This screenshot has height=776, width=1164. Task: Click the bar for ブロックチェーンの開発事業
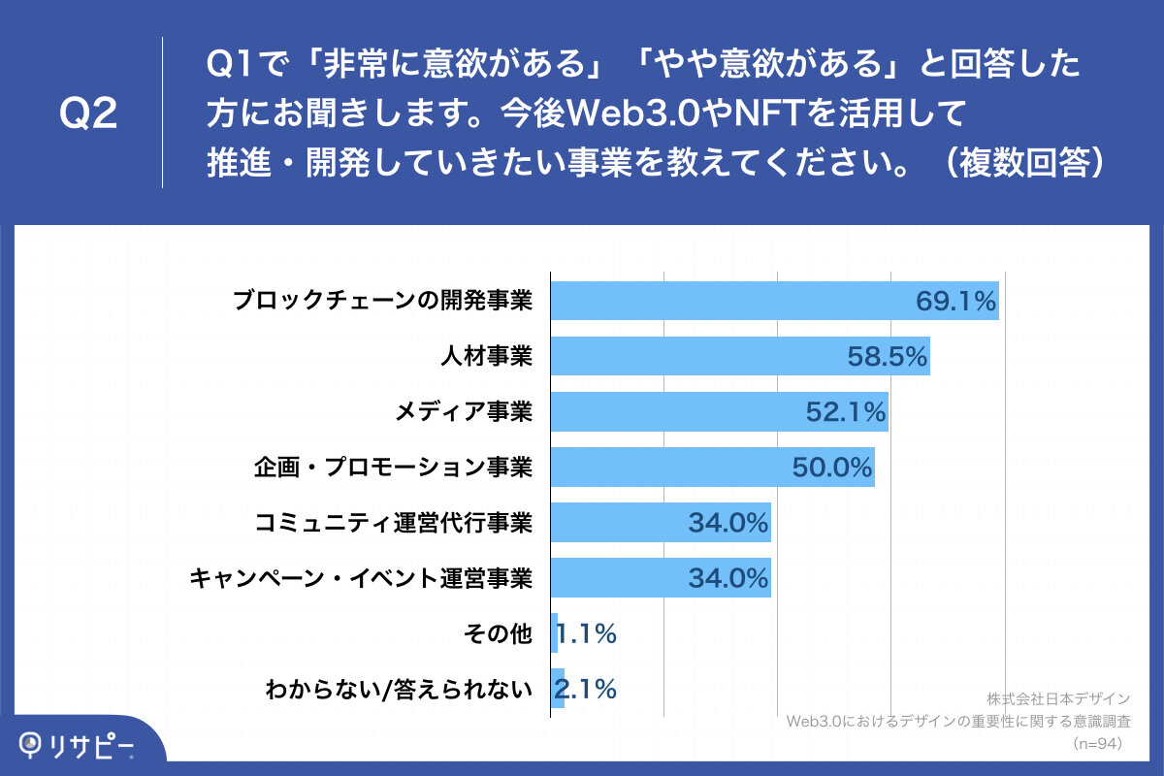pyautogui.click(x=774, y=301)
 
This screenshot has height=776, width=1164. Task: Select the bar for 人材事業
pyautogui.click(x=740, y=356)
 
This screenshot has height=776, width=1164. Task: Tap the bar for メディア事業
pyautogui.click(x=719, y=411)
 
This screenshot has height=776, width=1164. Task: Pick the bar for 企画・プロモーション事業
pyautogui.click(x=712, y=468)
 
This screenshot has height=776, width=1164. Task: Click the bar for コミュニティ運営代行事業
pyautogui.click(x=661, y=523)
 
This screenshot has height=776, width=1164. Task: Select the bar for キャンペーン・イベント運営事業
pyautogui.click(x=661, y=578)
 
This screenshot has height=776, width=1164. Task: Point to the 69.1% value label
pyautogui.click(x=955, y=302)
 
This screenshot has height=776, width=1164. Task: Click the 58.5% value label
pyautogui.click(x=887, y=357)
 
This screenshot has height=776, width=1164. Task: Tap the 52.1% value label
pyautogui.click(x=846, y=412)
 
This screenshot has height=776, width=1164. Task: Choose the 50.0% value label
pyautogui.click(x=832, y=468)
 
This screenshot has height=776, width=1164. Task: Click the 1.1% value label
pyautogui.click(x=587, y=634)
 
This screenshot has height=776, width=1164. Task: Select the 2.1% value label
pyautogui.click(x=585, y=690)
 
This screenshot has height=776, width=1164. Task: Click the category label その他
pyautogui.click(x=508, y=634)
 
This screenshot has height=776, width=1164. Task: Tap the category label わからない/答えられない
pyautogui.click(x=399, y=690)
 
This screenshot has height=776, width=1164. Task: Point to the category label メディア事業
pyautogui.click(x=464, y=412)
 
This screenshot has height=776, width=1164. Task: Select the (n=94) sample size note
pyautogui.click(x=1098, y=744)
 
